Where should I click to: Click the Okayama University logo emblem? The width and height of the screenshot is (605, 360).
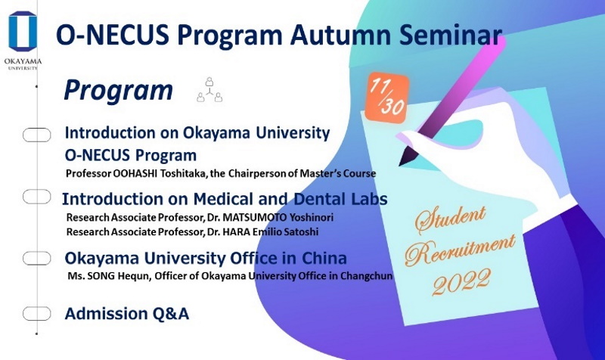coord(23,31)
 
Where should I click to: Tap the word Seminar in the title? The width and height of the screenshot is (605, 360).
coord(451,35)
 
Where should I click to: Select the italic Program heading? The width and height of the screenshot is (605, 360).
coord(119,91)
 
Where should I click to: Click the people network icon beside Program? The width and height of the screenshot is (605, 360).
coord(209,90)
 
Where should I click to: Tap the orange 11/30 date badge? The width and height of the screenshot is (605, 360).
coord(387,98)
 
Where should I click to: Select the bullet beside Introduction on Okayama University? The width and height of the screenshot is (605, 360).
coord(36,135)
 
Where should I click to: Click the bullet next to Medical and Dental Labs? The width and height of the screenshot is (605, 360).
coord(36,197)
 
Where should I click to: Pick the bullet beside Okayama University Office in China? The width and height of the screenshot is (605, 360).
coord(36,258)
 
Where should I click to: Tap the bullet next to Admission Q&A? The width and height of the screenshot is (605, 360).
coord(36,313)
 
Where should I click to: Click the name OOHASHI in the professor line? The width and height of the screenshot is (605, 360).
coord(135,173)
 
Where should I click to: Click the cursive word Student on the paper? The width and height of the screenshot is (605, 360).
coord(450,219)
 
